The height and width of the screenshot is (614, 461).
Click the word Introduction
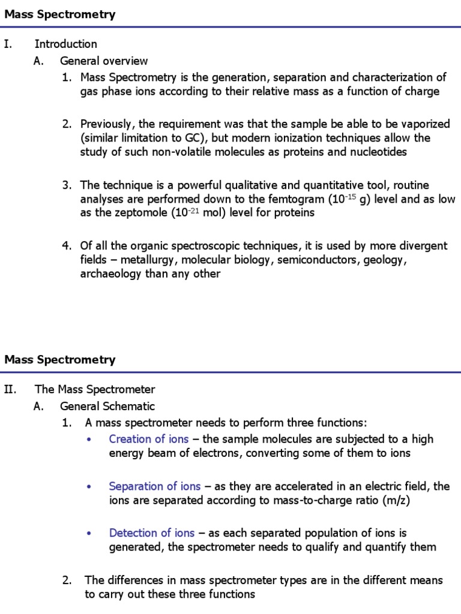pyautogui.click(x=65, y=44)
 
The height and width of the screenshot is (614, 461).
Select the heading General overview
pyautogui.click(x=103, y=61)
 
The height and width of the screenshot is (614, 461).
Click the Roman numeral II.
pyautogui.click(x=10, y=389)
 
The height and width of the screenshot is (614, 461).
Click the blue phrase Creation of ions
pyautogui.click(x=148, y=439)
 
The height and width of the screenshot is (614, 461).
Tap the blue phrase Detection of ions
pyautogui.click(x=152, y=532)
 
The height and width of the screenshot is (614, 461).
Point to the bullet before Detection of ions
pyautogui.click(x=89, y=533)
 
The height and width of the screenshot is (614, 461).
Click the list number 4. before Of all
pyautogui.click(x=67, y=245)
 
